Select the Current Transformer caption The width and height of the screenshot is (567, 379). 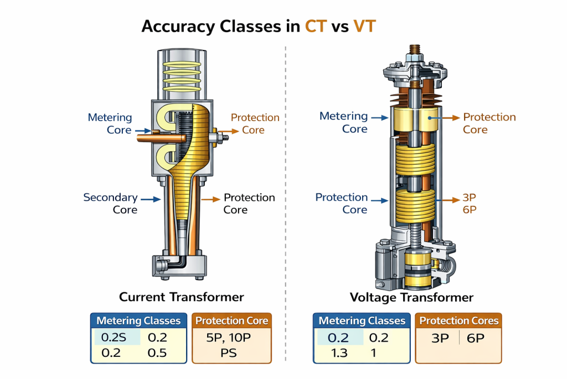[183, 297]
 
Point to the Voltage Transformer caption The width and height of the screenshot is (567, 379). [411, 297]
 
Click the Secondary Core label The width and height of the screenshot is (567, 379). [110, 204]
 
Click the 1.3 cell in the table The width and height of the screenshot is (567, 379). [339, 353]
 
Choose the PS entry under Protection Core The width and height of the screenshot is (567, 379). [229, 352]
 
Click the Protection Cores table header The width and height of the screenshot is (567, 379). [459, 321]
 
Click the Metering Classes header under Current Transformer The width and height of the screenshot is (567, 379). [138, 321]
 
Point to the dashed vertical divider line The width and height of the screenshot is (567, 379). [284, 166]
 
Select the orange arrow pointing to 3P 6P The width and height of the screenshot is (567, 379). [447, 198]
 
